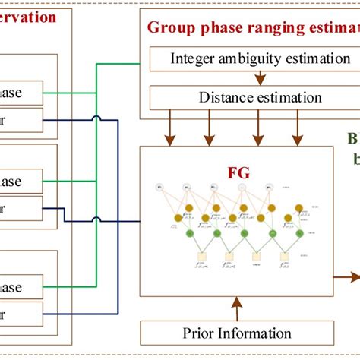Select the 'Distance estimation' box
pyautogui.click(x=239, y=97)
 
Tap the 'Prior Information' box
pyautogui.click(x=237, y=333)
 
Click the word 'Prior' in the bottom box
pyautogui.click(x=199, y=333)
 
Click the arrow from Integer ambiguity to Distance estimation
pyautogui.click(x=260, y=77)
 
